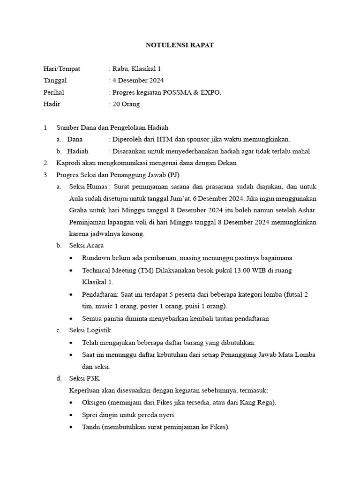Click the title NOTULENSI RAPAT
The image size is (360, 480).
[180, 45]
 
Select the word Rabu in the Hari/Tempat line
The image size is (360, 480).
[120, 68]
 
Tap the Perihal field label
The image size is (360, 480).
[53, 92]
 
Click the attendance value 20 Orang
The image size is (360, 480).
[126, 104]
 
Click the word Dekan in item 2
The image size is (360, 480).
[227, 163]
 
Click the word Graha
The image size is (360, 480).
[79, 210]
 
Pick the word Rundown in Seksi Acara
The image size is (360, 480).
[96, 258]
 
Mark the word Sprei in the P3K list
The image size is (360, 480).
[90, 415]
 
